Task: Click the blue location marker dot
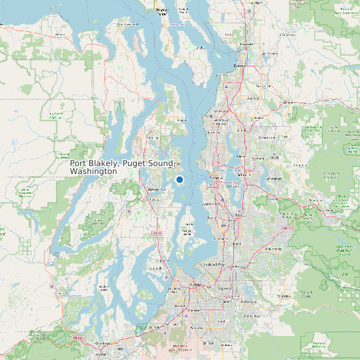click(179, 179)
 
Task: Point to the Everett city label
click(240, 66)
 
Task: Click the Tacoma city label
click(195, 284)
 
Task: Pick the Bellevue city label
click(240, 179)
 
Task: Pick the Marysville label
click(246, 44)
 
